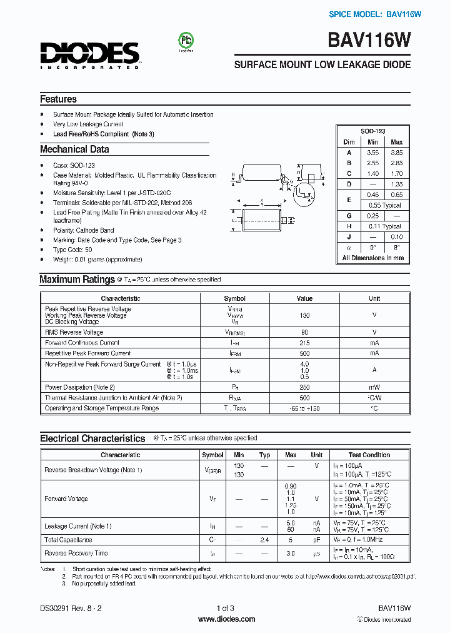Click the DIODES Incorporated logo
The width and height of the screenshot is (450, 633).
[90, 54]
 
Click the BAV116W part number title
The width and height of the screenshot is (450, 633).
[369, 41]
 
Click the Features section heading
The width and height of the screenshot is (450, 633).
[58, 99]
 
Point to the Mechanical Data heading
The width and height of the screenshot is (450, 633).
[74, 149]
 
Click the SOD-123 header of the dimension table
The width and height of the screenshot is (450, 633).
[372, 131]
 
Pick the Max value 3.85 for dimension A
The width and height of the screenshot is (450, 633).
[396, 153]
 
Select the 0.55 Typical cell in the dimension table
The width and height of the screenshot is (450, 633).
[384, 205]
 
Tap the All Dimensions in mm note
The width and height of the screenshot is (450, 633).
[372, 258]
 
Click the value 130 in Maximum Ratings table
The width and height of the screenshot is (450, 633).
[304, 315]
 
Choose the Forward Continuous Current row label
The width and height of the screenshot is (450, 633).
[82, 343]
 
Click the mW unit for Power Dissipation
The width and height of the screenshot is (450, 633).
[374, 387]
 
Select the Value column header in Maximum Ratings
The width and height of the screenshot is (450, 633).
[304, 298]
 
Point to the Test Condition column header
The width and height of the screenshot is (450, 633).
[369, 455]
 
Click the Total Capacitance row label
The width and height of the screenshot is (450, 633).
[68, 540]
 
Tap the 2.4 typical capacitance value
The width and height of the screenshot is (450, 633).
[264, 540]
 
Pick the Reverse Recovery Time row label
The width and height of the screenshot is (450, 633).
[76, 553]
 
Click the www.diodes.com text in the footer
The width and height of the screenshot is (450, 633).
[226, 619]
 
